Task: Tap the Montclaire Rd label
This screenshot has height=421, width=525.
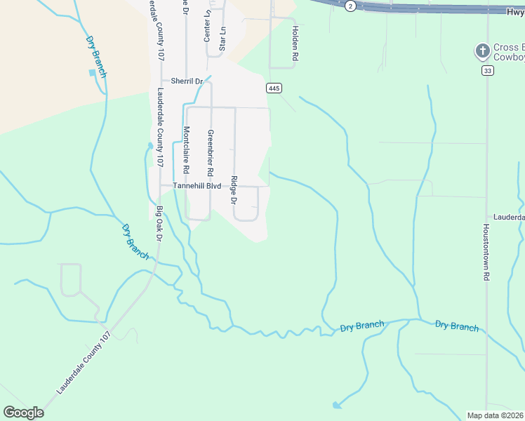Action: point(186,149)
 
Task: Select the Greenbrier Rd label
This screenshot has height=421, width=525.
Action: point(210,152)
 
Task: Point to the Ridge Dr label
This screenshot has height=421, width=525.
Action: point(234,189)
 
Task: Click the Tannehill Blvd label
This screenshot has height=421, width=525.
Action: point(197,186)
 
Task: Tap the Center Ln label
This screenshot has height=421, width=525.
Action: point(207,25)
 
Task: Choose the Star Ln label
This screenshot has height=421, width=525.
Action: point(222,39)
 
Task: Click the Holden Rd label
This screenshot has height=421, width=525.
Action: point(295,44)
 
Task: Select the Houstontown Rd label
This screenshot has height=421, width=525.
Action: point(485,253)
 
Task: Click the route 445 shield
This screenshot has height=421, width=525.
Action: point(274,88)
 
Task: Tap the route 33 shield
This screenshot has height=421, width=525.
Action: point(487,71)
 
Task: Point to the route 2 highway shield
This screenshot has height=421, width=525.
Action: point(350,6)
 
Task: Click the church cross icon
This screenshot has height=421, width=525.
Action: point(482,51)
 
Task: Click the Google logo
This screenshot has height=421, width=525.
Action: point(23,413)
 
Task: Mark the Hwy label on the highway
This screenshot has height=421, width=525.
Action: point(514,11)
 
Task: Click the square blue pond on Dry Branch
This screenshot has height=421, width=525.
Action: point(92,72)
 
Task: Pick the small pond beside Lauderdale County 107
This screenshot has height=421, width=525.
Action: point(149,146)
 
